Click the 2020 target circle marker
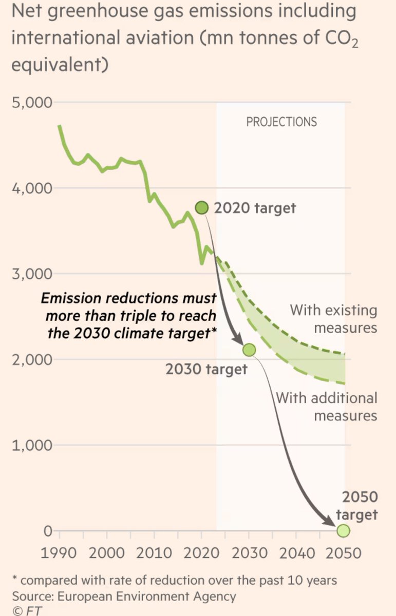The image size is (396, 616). [202, 208]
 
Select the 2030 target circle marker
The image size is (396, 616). [249, 350]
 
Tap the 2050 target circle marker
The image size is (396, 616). [343, 531]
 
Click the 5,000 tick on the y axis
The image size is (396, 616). [32, 102]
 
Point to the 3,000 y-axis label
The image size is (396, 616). [32, 273]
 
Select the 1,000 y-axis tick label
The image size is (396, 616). [32, 445]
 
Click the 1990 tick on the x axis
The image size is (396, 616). [60, 553]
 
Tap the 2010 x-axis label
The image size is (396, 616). [154, 553]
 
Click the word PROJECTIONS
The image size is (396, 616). [281, 122]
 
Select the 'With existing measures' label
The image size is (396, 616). [334, 319]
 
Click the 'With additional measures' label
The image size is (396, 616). [327, 406]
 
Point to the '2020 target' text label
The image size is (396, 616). [255, 208]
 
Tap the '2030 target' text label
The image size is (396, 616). [206, 369]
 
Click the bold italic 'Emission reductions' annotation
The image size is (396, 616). [128, 315]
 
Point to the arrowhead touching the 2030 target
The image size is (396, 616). [238, 342]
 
